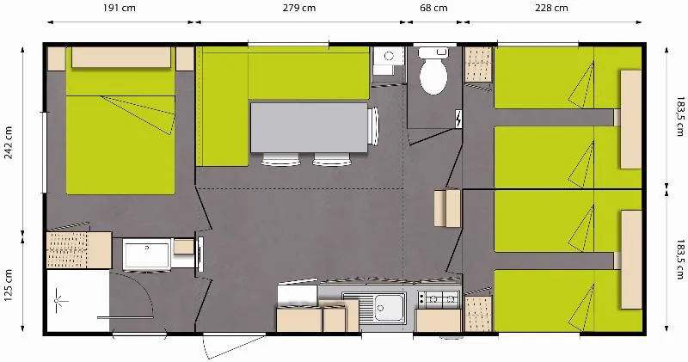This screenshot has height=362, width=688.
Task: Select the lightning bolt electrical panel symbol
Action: point(458,117)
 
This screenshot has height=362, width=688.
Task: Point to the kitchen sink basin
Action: point(387,307)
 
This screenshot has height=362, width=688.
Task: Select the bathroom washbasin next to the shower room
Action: point(146,255)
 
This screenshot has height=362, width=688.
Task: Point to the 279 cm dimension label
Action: point(298,9)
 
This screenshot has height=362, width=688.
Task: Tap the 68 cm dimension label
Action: point(433,9)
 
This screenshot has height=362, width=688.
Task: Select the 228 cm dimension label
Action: point(550,9)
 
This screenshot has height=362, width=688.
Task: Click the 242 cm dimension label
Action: point(9,144)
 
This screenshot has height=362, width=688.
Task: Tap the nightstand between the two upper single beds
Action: point(631,96)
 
